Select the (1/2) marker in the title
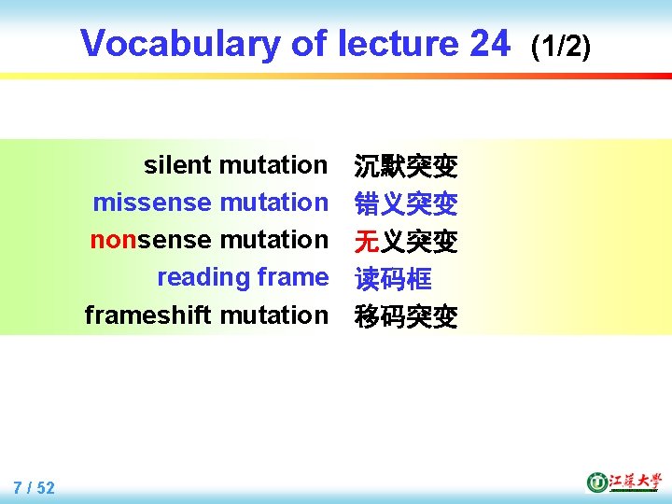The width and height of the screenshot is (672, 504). [x=560, y=45]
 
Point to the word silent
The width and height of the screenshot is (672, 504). [x=177, y=165]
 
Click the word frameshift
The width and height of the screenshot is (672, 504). [x=148, y=315]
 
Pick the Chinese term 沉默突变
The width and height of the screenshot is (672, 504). [x=406, y=167]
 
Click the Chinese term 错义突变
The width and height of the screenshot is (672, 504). [x=406, y=204]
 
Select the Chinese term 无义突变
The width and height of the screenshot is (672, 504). [x=406, y=242]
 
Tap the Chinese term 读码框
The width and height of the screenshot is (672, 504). [x=393, y=279]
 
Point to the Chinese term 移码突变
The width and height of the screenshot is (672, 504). [x=406, y=317]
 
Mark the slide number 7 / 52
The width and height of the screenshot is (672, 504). [x=35, y=487]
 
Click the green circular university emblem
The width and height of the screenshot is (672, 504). [x=596, y=483]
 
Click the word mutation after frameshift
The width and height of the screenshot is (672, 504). [x=274, y=315]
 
